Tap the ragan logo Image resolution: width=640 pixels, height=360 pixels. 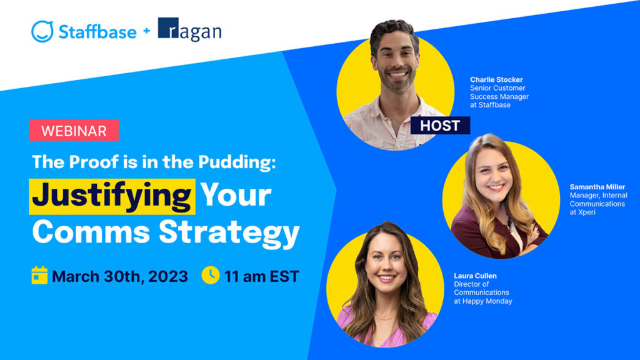pyautogui.click(x=189, y=30)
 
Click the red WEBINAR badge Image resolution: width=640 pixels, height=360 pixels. pyautogui.click(x=73, y=130)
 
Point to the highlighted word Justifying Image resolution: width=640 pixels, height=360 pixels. pyautogui.click(x=112, y=195)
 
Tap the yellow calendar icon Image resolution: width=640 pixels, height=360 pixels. pyautogui.click(x=39, y=275)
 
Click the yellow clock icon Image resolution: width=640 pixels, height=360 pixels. pyautogui.click(x=211, y=275)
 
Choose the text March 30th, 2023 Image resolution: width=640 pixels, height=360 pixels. pyautogui.click(x=119, y=276)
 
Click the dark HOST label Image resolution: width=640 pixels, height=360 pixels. pyautogui.click(x=439, y=125)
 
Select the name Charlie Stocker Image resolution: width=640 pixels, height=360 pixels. pyautogui.click(x=496, y=80)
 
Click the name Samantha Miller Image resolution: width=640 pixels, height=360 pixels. pyautogui.click(x=597, y=187)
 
